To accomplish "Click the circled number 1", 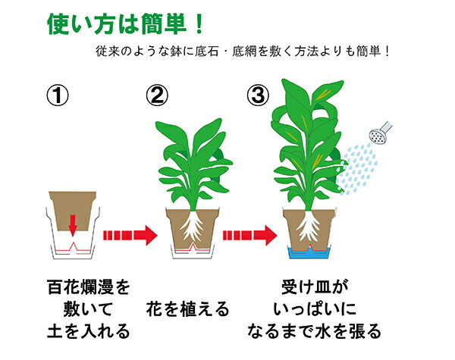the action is [x=58, y=95].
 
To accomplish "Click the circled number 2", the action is [x=157, y=95].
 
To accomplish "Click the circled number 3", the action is [x=258, y=95].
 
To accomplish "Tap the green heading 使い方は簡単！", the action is [x=125, y=23].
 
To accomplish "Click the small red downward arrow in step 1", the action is [x=73, y=225].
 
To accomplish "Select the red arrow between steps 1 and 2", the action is [x=130, y=235].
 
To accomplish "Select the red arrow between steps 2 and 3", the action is [x=249, y=235].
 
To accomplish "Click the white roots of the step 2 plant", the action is [x=192, y=225].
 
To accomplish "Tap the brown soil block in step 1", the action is [x=72, y=211].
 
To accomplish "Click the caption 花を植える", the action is [x=188, y=309].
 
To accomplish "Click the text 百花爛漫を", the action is [x=89, y=287].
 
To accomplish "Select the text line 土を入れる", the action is [x=89, y=331].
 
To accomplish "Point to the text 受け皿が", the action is [x=315, y=287].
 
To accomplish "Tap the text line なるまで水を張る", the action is [x=314, y=331].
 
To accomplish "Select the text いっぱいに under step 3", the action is [x=315, y=309].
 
